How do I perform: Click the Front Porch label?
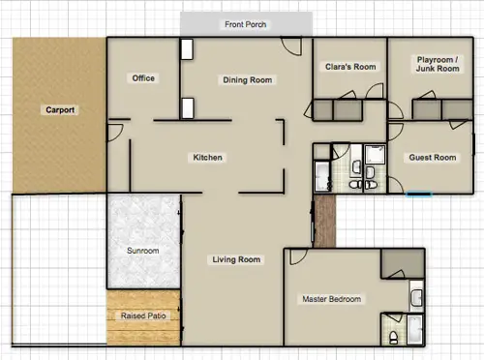point(246,24)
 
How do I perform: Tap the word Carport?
point(60,110)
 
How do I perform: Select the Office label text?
point(143,78)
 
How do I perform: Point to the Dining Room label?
point(248,80)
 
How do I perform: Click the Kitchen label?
point(207,158)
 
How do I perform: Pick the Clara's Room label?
point(350,67)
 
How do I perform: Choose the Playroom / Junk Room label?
point(438,64)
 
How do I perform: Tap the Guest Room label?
point(433,158)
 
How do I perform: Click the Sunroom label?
point(143,251)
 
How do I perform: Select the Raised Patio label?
point(143,315)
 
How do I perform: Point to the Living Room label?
point(236,259)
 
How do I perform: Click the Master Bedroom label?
point(332,299)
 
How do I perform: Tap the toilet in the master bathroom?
point(393,337)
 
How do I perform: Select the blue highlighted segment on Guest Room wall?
point(418,194)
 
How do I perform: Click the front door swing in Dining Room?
point(291,46)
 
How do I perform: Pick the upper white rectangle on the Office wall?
point(187,49)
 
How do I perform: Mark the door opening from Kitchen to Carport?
point(115,133)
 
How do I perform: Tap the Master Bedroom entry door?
point(299,257)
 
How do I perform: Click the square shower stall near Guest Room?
point(375,154)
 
